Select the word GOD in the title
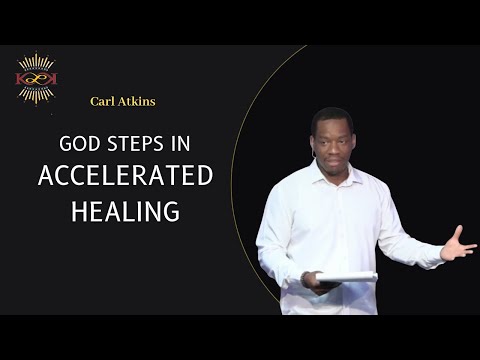pyautogui.click(x=80, y=145)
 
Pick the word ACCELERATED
pyautogui.click(x=125, y=176)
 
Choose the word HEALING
pyautogui.click(x=125, y=210)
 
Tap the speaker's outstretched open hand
pyautogui.click(x=458, y=244)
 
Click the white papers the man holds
pyautogui.click(x=345, y=277)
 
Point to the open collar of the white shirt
pyautogui.click(x=330, y=172)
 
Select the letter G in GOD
pyautogui.click(x=67, y=145)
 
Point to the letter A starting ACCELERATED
pyautogui.click(x=45, y=176)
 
